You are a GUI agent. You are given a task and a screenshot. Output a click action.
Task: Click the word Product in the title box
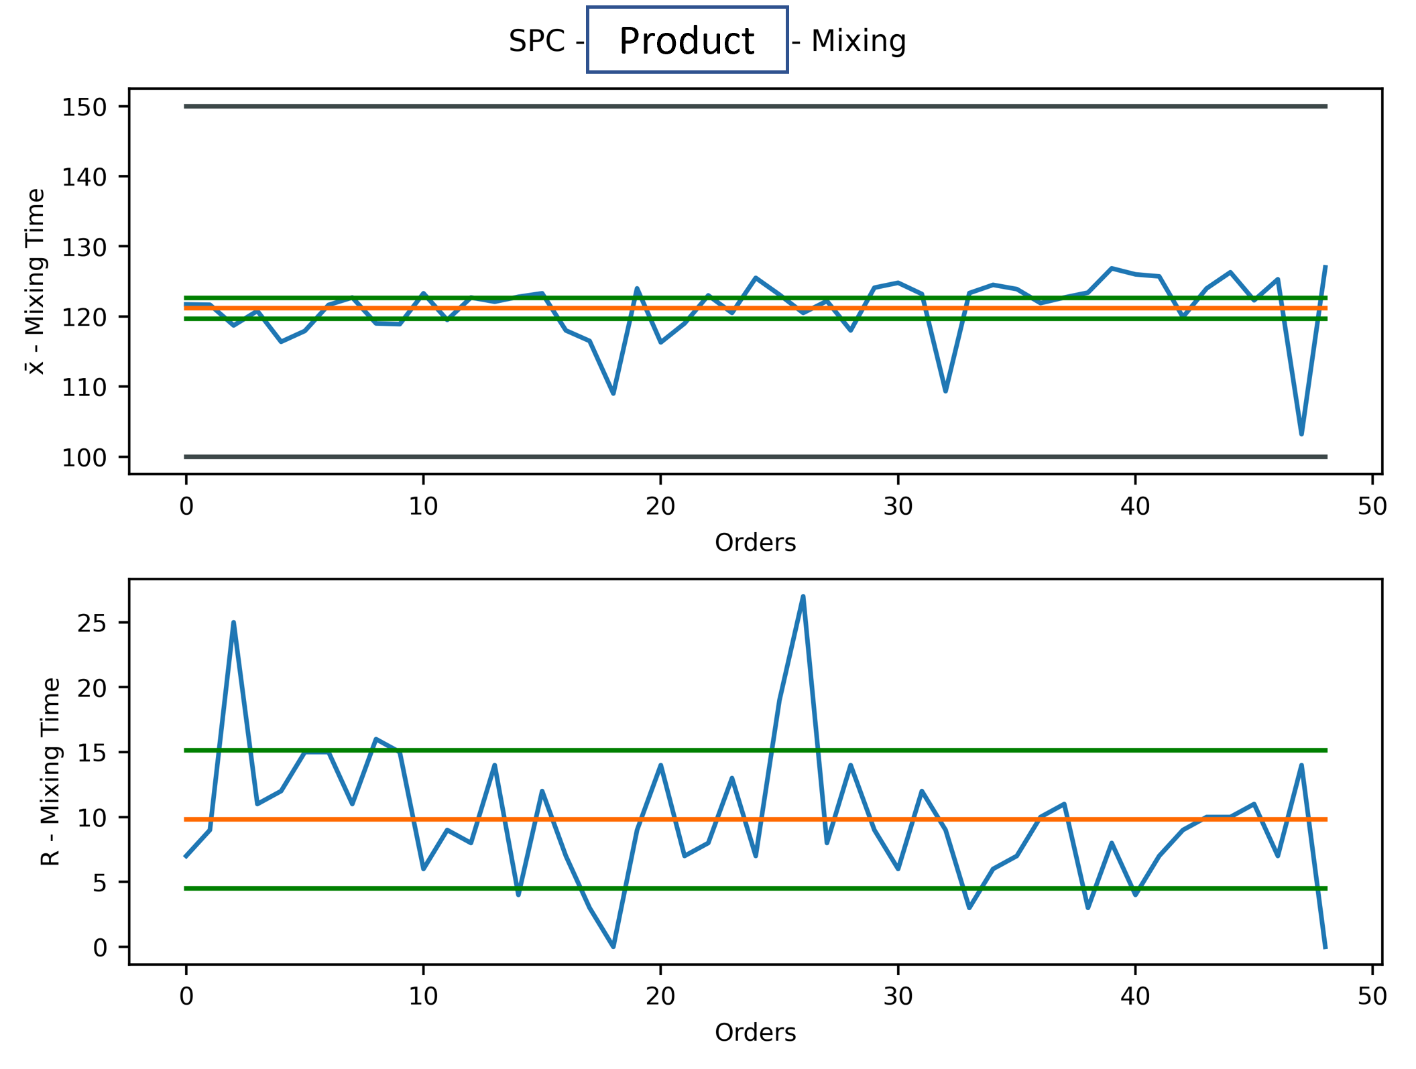point(687,41)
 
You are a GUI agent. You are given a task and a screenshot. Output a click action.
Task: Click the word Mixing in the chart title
point(858,41)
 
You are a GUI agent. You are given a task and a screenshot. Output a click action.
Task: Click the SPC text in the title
point(536,41)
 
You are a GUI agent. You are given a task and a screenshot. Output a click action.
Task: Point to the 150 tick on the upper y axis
point(84,107)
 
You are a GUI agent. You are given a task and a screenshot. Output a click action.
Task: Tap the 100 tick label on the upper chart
point(84,458)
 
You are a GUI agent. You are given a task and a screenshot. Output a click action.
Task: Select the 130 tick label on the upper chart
point(84,248)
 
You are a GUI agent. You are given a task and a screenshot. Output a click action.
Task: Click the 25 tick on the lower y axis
point(93,624)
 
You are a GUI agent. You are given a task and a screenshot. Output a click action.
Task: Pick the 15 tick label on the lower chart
point(93,753)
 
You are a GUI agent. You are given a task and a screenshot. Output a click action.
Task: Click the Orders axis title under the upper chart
point(755,542)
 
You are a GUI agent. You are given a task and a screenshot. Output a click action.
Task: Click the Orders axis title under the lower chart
point(755,1032)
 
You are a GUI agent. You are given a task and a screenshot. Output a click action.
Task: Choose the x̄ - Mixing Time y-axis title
point(35,281)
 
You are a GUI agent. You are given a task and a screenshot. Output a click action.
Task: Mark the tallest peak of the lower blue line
point(803,596)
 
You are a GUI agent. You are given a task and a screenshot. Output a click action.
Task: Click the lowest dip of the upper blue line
point(1301,434)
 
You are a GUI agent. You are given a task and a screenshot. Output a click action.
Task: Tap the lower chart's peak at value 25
point(233,623)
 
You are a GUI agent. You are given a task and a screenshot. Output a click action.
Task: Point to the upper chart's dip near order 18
point(613,393)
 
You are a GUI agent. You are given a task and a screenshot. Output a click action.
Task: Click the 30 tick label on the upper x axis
point(898,507)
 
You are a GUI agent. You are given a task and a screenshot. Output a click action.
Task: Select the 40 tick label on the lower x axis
point(1135,997)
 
